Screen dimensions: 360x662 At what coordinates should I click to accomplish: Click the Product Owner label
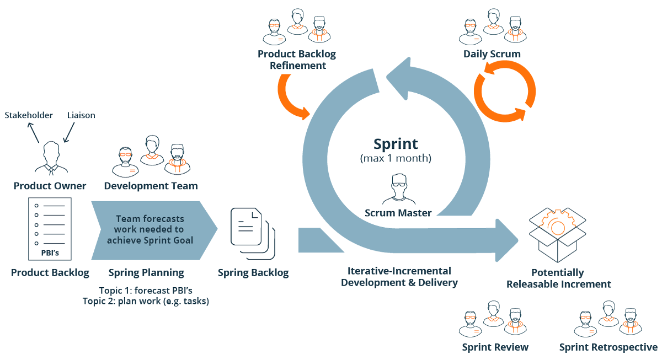(50, 186)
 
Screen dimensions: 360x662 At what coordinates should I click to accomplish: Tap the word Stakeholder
(29, 115)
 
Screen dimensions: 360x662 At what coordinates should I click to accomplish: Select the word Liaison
(81, 115)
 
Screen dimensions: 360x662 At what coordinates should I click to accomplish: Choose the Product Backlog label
(50, 273)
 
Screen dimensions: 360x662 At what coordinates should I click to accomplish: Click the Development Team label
(151, 186)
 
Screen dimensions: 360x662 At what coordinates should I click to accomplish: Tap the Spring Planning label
(146, 273)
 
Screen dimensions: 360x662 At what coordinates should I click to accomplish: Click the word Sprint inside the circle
(396, 144)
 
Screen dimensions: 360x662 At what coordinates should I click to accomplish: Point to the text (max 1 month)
(396, 159)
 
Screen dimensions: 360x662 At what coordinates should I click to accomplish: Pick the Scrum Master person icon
(398, 190)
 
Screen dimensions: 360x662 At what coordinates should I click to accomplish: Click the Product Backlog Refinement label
(296, 60)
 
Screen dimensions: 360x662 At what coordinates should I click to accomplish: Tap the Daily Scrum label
(492, 54)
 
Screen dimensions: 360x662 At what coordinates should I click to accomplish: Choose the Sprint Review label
(495, 347)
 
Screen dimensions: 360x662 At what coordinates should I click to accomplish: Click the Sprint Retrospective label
(608, 347)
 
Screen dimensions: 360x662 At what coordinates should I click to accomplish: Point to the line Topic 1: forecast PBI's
(146, 291)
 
